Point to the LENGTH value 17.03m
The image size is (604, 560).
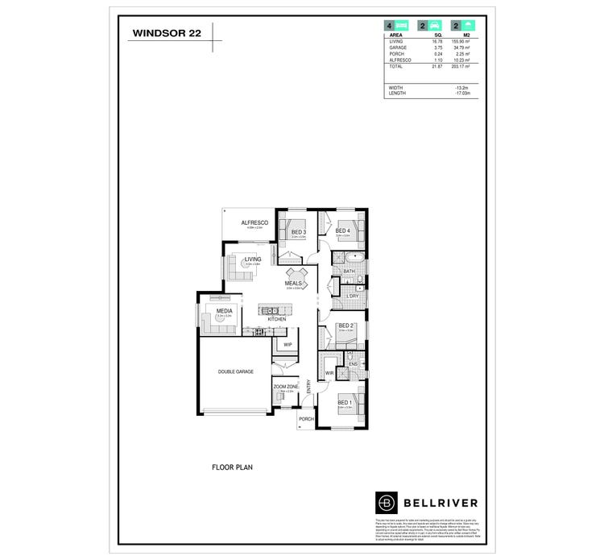tap(461, 93)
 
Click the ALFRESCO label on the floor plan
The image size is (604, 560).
tap(253, 222)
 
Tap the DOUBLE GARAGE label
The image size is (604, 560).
tap(236, 371)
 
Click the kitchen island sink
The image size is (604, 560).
tap(274, 309)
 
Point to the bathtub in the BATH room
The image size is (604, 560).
tap(351, 259)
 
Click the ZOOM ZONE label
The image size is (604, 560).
tap(286, 387)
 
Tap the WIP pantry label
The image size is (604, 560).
tap(288, 344)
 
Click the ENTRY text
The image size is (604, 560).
tap(308, 387)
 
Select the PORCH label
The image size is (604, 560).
tap(305, 419)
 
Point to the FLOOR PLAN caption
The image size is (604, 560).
tap(233, 467)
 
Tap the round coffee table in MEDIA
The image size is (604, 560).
tap(218, 317)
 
